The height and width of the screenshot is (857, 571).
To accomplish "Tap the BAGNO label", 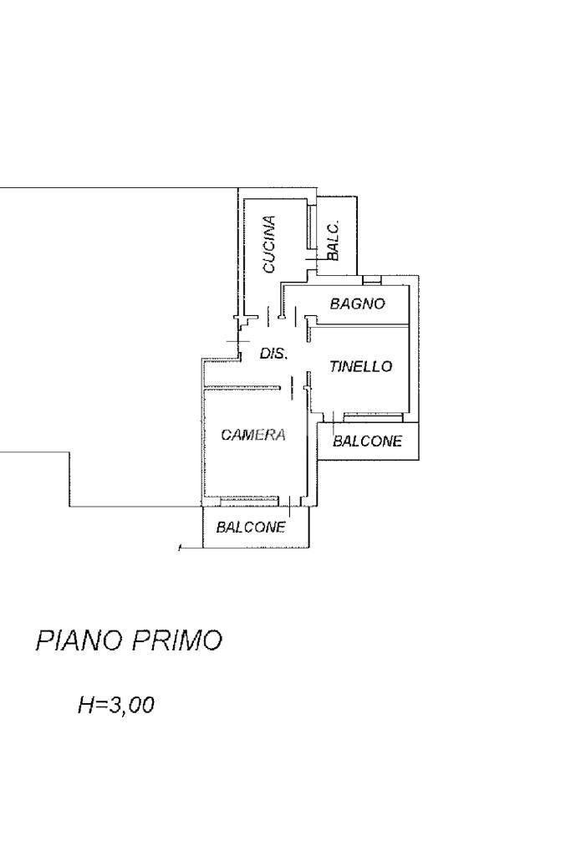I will (357, 304).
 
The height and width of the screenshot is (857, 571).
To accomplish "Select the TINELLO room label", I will (360, 366).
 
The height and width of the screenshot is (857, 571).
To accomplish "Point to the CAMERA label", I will (253, 435).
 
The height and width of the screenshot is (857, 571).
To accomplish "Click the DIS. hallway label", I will (273, 354).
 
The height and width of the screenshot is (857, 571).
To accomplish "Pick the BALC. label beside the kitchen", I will (333, 241).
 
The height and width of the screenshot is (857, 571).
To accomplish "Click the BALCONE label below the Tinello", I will (367, 441).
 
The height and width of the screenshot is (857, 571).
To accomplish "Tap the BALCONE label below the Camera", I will (251, 527).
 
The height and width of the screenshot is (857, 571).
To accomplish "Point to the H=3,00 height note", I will (115, 705).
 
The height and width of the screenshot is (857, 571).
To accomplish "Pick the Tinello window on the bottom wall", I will (372, 415).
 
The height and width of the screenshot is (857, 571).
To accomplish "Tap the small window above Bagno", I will (372, 279).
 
